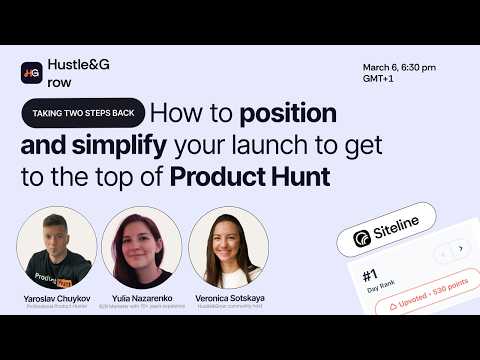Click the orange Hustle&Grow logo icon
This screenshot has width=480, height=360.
pos(31,73)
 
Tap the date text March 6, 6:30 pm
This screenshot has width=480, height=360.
pos(400,68)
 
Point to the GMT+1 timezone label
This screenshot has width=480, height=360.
pos(381,81)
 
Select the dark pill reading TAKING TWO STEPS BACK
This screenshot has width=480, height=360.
pos(84,113)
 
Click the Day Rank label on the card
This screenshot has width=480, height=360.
pos(372,287)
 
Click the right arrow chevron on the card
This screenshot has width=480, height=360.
pos(459,248)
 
